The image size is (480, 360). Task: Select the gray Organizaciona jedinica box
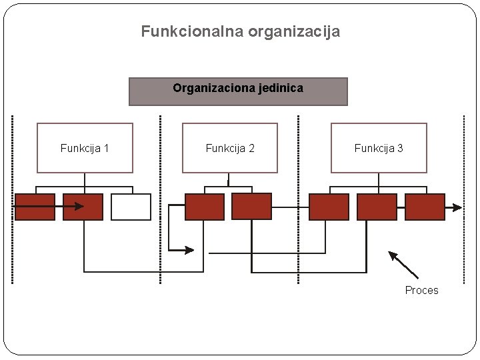tap(238, 91)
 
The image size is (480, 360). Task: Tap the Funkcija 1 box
tap(85, 148)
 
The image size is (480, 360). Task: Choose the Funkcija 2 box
tap(229, 148)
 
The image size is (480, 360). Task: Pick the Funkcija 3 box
tap(378, 148)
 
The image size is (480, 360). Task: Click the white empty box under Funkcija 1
tap(131, 207)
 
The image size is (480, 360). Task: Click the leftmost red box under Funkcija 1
tap(35, 207)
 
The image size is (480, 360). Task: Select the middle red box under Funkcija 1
tap(83, 207)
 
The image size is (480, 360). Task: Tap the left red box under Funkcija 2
tap(205, 207)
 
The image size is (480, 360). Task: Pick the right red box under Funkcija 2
tap(251, 207)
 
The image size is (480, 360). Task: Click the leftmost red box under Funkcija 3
tap(329, 207)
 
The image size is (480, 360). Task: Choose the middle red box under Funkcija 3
tap(377, 207)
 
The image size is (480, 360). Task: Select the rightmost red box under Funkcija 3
tap(425, 207)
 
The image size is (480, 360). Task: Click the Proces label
tap(422, 290)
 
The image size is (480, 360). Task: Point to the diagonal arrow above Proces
tap(403, 263)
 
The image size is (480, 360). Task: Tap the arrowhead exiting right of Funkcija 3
tap(457, 207)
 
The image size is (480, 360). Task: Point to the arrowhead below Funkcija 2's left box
tap(190, 250)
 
